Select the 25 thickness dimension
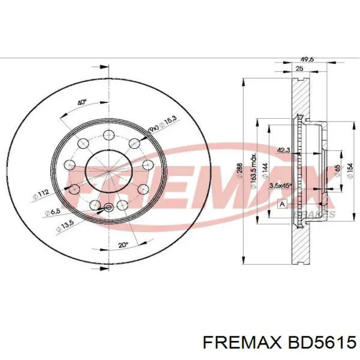click(x=299, y=68)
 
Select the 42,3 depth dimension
click(x=283, y=150)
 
